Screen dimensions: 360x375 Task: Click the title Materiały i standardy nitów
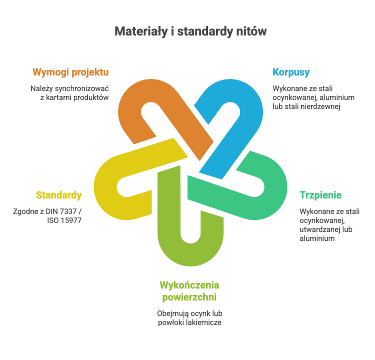point(190,31)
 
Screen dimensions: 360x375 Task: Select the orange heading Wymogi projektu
point(70,72)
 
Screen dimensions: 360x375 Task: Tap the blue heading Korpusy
point(291,72)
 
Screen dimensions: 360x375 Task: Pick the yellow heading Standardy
point(58,195)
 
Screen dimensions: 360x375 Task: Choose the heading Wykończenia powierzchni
point(189,291)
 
